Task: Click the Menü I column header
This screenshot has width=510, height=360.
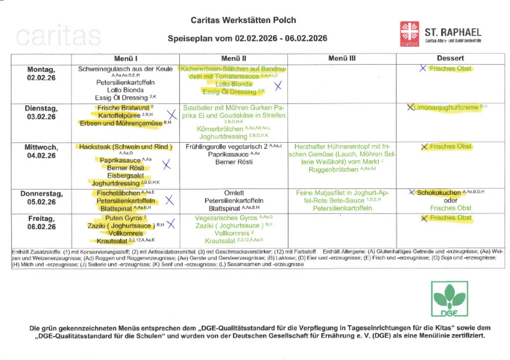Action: (126, 58)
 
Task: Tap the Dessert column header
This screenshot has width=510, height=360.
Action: (451, 58)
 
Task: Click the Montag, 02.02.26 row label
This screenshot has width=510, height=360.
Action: (41, 73)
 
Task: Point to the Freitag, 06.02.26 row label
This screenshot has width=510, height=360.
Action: (41, 223)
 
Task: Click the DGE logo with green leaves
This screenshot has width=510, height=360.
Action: (450, 300)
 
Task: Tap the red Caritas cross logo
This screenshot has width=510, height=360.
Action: (410, 34)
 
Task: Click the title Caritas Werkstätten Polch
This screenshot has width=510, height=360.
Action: (243, 20)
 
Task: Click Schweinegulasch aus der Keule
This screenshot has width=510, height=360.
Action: (125, 69)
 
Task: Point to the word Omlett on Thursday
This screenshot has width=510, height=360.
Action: (233, 193)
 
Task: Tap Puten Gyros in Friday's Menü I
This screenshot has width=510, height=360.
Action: (122, 218)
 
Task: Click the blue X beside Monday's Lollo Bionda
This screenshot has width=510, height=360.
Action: (278, 86)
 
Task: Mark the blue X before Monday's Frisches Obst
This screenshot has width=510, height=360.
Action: (423, 68)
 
